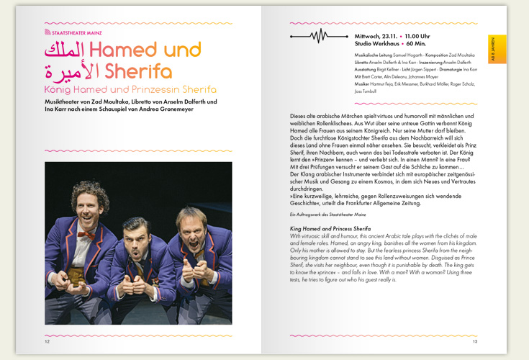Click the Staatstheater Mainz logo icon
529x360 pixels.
48,32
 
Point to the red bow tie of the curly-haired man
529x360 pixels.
85,234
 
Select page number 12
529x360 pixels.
47,341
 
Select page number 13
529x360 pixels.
475,341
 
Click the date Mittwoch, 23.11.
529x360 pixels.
376,35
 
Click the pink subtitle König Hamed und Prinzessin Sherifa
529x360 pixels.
130,89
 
